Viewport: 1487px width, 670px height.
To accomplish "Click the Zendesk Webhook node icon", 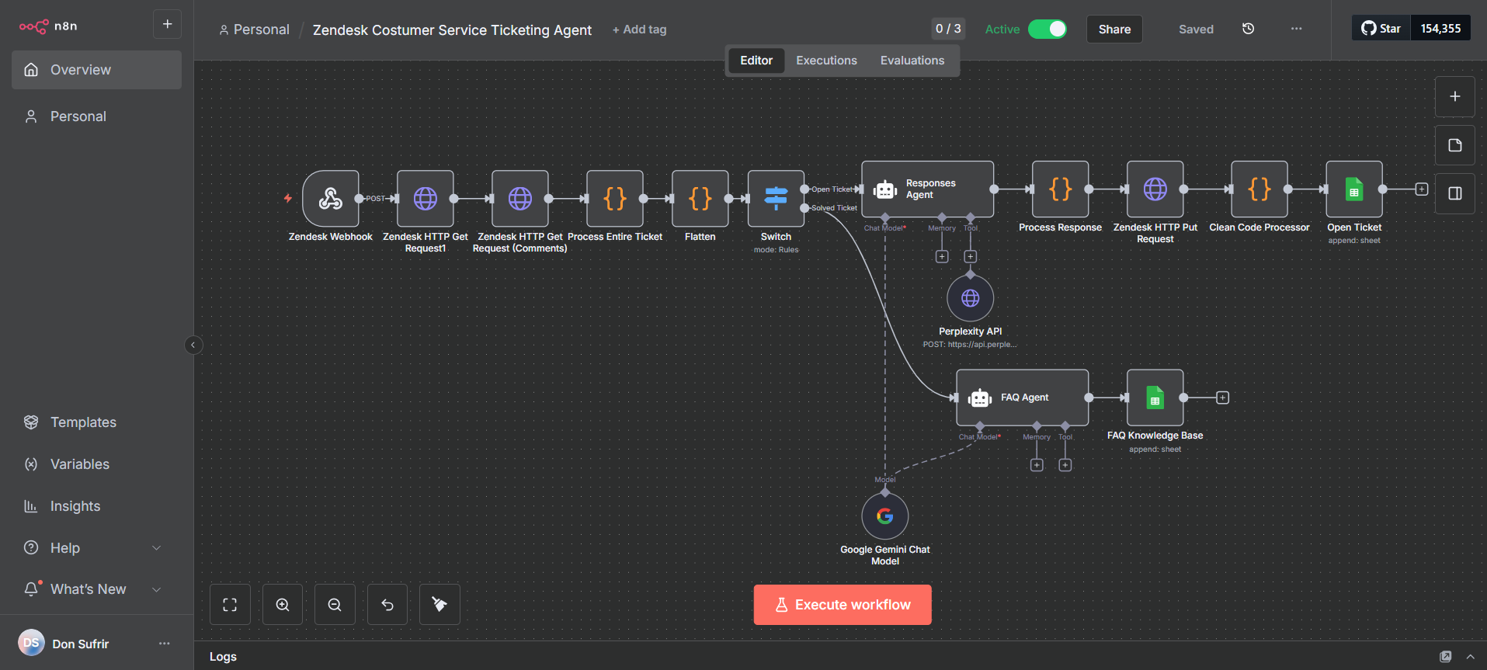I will pos(331,199).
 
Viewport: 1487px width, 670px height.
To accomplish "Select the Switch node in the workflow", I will pos(776,199).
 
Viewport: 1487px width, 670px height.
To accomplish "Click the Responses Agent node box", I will pos(927,189).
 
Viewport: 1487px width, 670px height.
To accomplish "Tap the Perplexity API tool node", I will pos(970,298).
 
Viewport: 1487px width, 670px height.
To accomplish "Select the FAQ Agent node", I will pos(1022,397).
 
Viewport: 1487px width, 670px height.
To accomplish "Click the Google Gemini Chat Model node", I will pos(884,516).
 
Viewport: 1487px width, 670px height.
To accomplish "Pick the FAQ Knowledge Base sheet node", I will pos(1155,397).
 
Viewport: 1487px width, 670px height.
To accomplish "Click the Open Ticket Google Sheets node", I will pos(1353,189).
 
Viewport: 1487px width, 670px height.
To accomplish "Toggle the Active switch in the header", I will pos(1047,30).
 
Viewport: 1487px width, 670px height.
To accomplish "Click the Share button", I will pos(1114,30).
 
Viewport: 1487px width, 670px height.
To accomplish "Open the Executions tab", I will pos(826,61).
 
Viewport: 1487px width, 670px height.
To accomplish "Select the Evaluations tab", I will pos(912,61).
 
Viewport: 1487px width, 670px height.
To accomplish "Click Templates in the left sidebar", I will pos(83,422).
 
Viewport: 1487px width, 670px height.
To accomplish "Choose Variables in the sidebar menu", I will pos(79,464).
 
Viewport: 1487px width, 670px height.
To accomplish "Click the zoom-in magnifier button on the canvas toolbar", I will pos(283,605).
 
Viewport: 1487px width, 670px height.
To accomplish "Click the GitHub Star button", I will pos(1381,29).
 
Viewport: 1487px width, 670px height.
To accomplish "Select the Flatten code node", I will pos(700,199).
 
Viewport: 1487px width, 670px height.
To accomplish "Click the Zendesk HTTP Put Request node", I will pos(1155,189).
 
